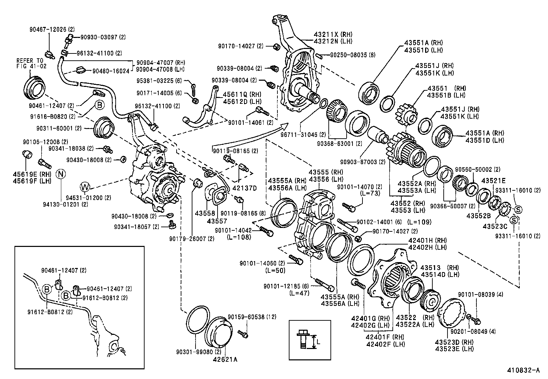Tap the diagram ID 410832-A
(x=523, y=371)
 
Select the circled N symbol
(x=61, y=174)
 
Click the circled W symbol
(x=85, y=187)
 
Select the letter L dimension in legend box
(x=318, y=342)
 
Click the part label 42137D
(x=244, y=188)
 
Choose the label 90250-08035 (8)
(x=353, y=55)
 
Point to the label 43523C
(x=495, y=227)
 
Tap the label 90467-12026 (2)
(x=52, y=30)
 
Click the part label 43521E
(x=493, y=181)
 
